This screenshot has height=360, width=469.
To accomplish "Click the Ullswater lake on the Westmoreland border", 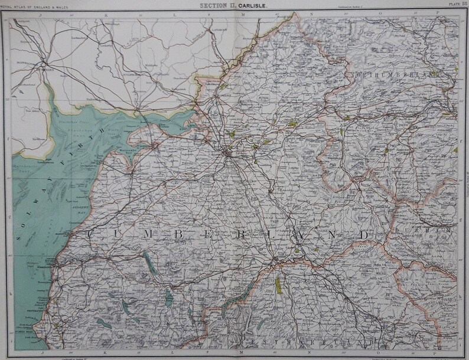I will coord(236,299).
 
